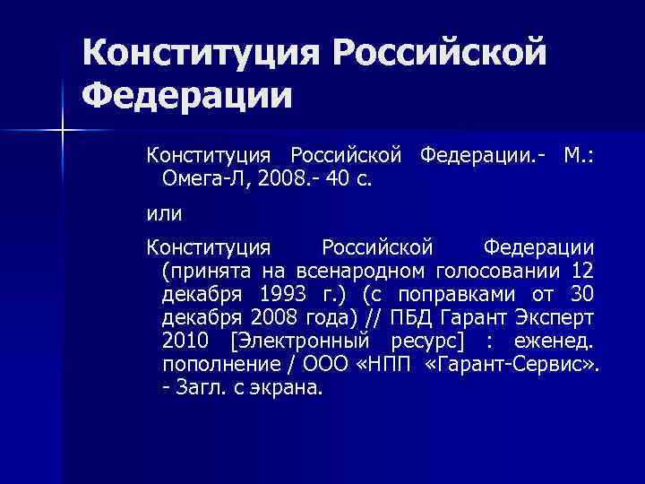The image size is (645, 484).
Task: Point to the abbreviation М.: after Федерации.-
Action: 580,156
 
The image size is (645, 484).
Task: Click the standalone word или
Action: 164,213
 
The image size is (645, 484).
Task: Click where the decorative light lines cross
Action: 62,132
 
